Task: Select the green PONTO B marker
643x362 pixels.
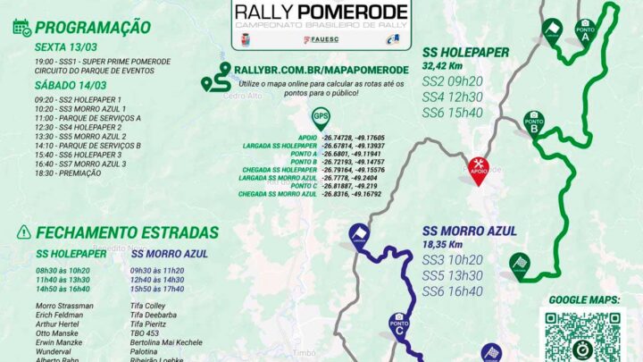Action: [x=533, y=122]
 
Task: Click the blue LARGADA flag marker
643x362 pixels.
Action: [x=361, y=235]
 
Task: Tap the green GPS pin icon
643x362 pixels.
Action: [x=320, y=117]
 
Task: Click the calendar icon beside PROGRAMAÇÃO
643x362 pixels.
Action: [x=21, y=27]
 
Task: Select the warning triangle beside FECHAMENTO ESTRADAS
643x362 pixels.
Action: [x=23, y=232]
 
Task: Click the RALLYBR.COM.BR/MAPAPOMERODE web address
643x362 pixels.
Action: [x=321, y=69]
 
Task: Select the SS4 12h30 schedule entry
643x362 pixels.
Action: [x=452, y=96]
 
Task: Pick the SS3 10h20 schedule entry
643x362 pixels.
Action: [x=452, y=259]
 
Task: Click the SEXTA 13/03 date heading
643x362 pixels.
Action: [x=63, y=46]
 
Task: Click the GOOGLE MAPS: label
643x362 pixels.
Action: [x=584, y=299]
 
